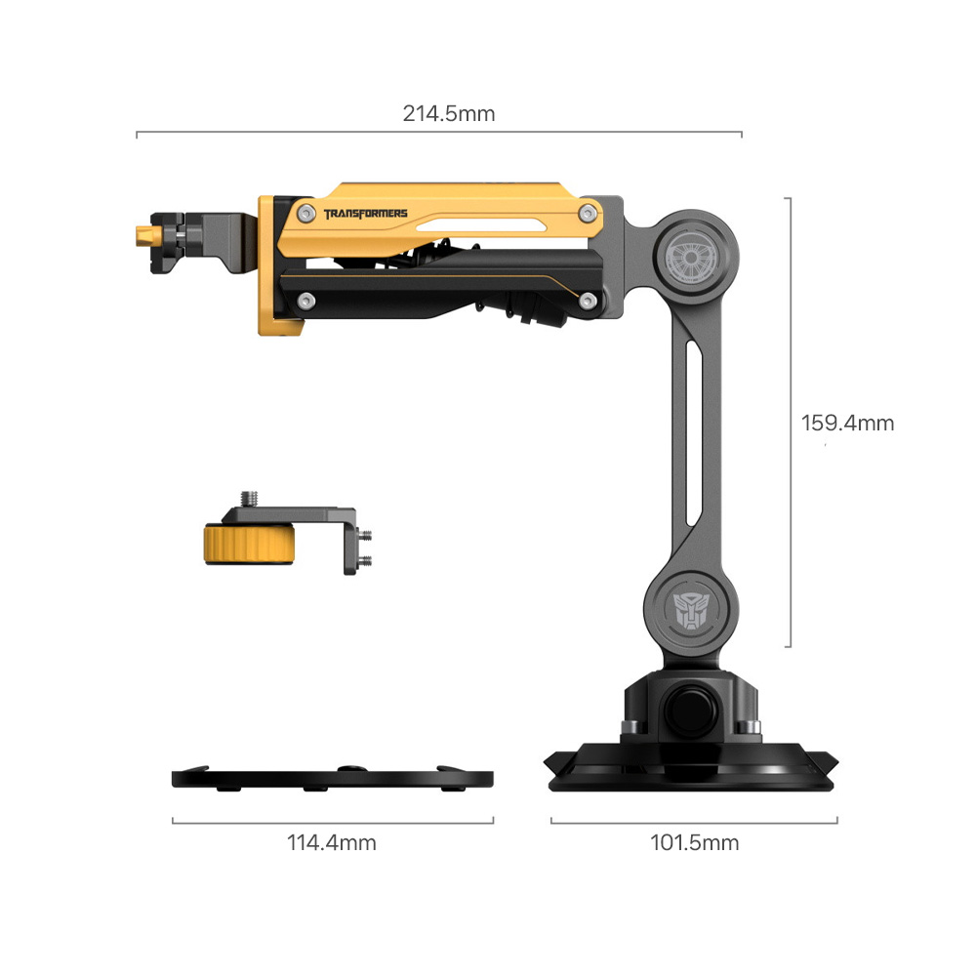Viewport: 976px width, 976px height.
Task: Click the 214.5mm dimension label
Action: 449,114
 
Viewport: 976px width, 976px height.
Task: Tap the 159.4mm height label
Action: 847,424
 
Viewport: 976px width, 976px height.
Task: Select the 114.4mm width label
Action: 332,843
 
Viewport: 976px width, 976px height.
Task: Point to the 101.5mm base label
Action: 695,843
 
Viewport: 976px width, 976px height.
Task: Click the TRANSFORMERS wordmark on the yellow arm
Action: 365,214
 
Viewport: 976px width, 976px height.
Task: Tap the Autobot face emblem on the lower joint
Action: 690,610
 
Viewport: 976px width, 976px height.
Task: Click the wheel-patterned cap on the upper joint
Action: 690,257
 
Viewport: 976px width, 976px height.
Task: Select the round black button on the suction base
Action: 690,711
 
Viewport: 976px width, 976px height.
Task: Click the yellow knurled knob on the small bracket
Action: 249,545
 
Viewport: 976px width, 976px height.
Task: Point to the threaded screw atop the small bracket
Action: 249,499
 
